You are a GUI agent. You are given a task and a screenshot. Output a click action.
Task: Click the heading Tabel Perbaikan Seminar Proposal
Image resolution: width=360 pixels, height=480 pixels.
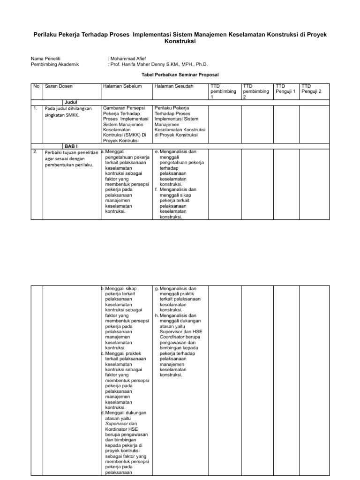180,75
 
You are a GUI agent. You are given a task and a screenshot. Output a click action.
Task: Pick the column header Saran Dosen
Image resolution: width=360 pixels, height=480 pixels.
59,86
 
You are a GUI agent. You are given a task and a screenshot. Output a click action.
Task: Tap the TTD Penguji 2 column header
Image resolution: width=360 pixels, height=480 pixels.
312,89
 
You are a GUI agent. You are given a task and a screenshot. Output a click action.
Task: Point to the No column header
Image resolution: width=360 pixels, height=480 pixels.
36,86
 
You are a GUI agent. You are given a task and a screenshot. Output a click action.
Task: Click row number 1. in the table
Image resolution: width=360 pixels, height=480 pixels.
36,108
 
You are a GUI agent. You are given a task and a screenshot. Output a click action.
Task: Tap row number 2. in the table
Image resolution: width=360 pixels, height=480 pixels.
36,152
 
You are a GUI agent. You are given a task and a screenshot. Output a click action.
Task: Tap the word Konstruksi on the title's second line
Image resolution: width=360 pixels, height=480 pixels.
180,42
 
